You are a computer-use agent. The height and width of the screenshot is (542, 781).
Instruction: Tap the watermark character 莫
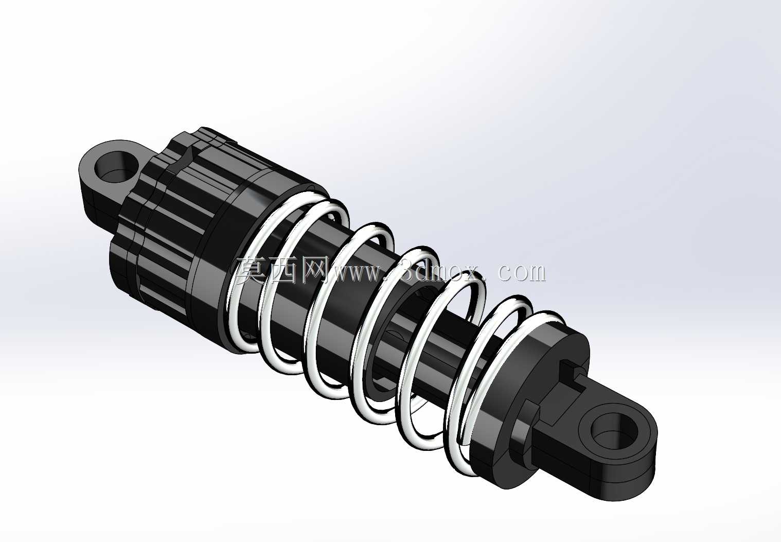(x=251, y=271)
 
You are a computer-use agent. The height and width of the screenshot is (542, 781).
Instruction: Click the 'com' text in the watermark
(x=521, y=273)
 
